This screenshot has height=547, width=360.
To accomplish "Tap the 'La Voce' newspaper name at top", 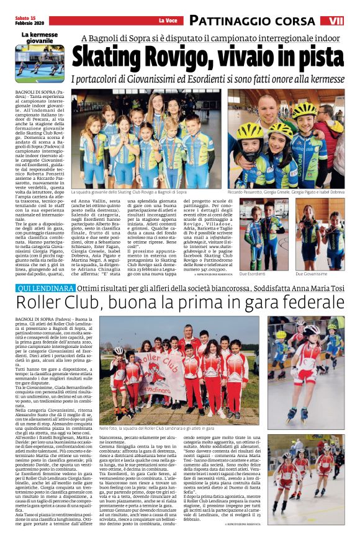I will click(167, 21).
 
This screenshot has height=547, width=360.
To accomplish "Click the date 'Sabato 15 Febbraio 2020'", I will click(25, 20).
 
